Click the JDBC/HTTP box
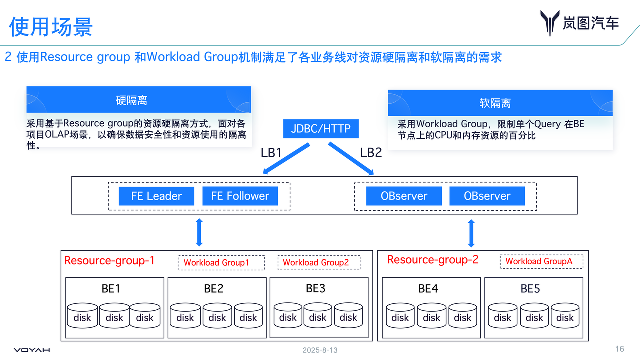pos(321,129)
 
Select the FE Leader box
pos(156,196)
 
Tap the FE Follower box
pos(240,196)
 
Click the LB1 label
pos(271,153)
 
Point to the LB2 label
pos(371,153)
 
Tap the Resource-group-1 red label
pos(109,260)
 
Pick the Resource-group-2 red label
pos(433,260)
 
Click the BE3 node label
pos(315,288)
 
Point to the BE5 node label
pos(530,288)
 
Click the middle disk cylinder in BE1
pos(114,316)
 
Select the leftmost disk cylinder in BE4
pos(400,316)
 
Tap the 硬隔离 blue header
pos(132,100)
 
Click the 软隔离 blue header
pos(495,103)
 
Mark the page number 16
pos(619,349)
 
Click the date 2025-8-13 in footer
pos(320,350)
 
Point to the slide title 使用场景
pos(51,26)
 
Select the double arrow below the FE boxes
pos(199,232)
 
